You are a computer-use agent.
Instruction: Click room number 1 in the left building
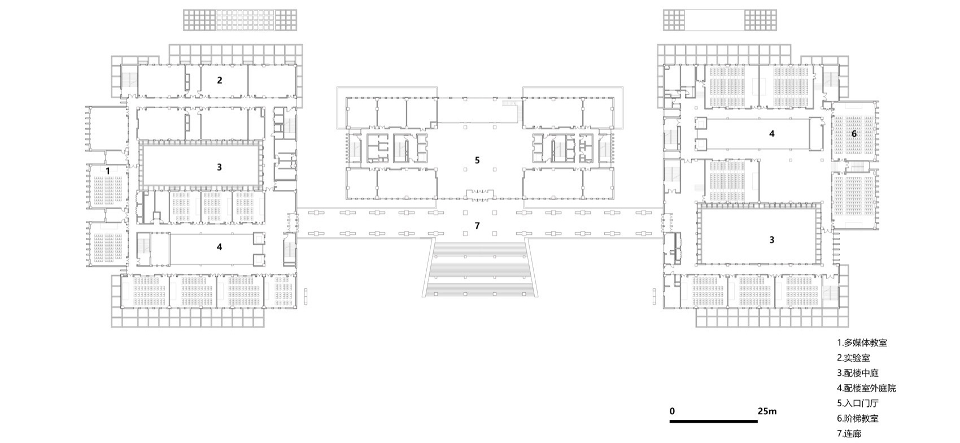click(107, 170)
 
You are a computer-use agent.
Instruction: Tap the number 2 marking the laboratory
click(220, 80)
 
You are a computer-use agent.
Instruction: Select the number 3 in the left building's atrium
click(220, 167)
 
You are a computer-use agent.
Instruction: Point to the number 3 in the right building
click(771, 240)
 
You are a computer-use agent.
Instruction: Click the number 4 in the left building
click(220, 246)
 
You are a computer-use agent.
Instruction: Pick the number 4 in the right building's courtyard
click(771, 134)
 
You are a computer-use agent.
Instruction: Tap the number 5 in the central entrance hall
click(477, 160)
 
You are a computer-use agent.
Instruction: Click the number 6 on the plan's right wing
click(854, 134)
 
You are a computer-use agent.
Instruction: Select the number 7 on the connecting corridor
click(477, 225)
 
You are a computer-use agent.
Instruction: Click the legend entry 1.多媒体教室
click(862, 343)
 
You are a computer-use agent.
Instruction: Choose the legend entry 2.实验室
click(853, 358)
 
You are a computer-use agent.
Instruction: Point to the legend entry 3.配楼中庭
click(858, 373)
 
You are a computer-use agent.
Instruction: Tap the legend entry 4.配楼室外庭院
click(866, 388)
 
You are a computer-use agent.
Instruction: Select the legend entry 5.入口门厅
click(858, 403)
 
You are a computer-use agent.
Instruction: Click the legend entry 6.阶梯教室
click(858, 419)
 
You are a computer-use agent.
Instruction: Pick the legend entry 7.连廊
click(849, 434)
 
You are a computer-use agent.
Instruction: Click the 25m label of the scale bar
click(767, 411)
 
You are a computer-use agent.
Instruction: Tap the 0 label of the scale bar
click(672, 411)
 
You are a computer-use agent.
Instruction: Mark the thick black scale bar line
click(714, 422)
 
